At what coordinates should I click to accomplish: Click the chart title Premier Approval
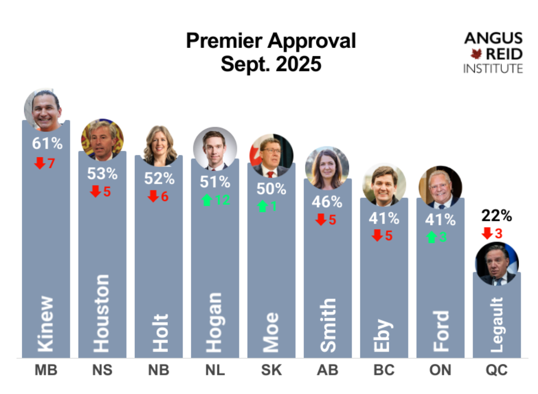click(271, 41)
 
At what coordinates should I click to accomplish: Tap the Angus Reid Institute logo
click(493, 53)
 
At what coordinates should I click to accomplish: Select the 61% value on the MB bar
click(47, 143)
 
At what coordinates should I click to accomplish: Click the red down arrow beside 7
click(39, 163)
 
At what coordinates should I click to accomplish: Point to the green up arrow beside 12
click(207, 200)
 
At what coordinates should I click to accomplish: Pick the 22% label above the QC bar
click(497, 216)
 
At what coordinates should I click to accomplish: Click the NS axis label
click(102, 370)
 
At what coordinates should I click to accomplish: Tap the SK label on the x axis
click(271, 370)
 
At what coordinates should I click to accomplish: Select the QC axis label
click(497, 370)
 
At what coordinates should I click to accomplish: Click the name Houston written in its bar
click(101, 313)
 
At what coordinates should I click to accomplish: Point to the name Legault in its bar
click(497, 325)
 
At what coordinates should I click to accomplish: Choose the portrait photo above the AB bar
click(327, 168)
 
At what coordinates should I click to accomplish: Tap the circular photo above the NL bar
click(215, 149)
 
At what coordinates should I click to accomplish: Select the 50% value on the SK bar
click(271, 189)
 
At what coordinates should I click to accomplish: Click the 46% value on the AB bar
click(327, 202)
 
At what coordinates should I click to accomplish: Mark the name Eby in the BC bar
click(383, 335)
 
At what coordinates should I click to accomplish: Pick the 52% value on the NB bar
click(159, 178)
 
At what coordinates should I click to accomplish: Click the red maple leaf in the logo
click(476, 54)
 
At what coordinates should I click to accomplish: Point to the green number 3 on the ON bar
click(443, 237)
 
